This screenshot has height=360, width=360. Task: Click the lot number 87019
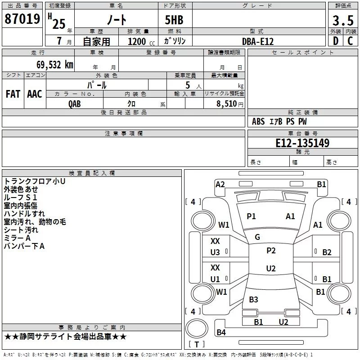coord(22,19)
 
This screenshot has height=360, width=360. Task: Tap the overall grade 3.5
coord(342,21)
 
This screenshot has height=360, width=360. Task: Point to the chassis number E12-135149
coord(302,143)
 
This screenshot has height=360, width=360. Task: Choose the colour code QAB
coord(75,104)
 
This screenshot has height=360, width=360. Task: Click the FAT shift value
coord(13,94)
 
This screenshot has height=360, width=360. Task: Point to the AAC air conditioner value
coord(35,94)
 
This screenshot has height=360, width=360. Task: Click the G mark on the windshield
coord(257,237)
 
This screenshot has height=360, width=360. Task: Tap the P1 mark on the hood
coord(251,216)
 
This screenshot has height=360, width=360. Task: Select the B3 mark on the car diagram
coord(253,300)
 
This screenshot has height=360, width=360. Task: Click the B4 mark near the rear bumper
coord(221,333)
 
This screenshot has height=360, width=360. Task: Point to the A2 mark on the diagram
coord(220,184)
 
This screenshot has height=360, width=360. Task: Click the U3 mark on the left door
coord(216,252)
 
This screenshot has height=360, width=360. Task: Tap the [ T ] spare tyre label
coord(196,345)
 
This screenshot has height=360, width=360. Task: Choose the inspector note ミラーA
coord(17,238)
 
